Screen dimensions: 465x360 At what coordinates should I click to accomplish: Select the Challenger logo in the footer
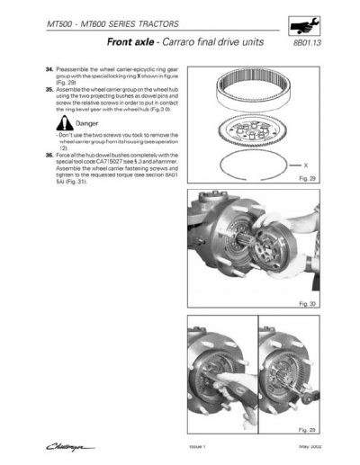(69, 443)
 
